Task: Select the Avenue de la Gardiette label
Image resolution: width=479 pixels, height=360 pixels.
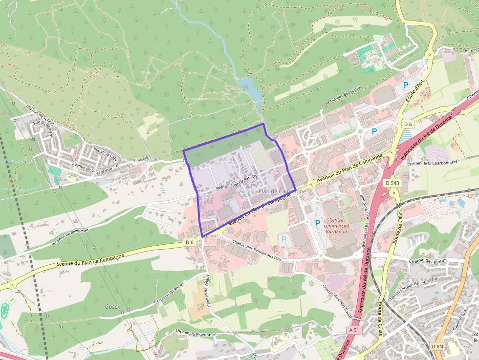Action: [x=92, y=169]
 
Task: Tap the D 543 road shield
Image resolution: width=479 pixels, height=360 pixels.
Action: [x=392, y=183]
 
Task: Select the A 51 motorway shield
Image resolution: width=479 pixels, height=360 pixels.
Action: [x=355, y=330]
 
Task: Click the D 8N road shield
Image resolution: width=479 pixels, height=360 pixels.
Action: [x=437, y=346]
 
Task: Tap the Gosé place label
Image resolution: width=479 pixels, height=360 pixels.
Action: [x=111, y=306]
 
